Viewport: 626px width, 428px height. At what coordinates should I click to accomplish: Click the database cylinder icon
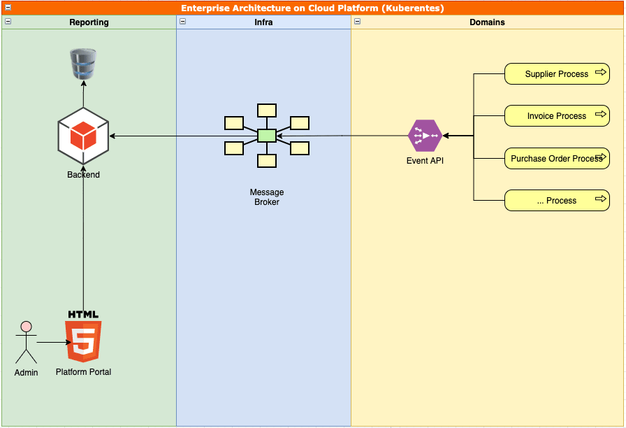(x=83, y=64)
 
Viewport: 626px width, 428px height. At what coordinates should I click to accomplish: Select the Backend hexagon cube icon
(x=83, y=136)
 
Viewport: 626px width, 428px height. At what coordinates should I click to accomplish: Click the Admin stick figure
(x=26, y=343)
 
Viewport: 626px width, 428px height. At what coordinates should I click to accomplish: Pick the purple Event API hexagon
(x=425, y=136)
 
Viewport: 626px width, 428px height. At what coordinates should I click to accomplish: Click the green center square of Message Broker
(x=267, y=136)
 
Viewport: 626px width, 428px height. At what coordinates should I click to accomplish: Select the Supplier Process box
(x=557, y=74)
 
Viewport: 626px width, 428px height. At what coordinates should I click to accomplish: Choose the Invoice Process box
(x=557, y=116)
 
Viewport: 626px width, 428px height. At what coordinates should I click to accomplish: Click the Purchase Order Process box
(x=557, y=159)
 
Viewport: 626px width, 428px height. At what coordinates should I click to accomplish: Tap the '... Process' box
(x=557, y=201)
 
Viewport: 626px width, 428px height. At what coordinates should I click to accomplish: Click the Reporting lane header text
(x=89, y=22)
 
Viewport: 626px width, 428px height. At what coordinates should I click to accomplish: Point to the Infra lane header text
(x=263, y=22)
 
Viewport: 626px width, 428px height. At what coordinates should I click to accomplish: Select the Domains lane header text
(x=487, y=22)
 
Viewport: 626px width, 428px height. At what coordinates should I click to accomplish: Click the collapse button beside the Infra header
(x=182, y=22)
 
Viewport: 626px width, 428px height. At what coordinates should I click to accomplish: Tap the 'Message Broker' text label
(x=267, y=197)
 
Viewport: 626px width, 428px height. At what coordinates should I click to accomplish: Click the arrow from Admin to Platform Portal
(x=52, y=343)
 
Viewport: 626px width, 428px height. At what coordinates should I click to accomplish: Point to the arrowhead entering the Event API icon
(x=446, y=136)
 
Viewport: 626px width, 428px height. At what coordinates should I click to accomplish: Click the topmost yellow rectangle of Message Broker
(x=267, y=110)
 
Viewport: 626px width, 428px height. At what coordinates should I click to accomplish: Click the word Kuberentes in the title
(x=414, y=8)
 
